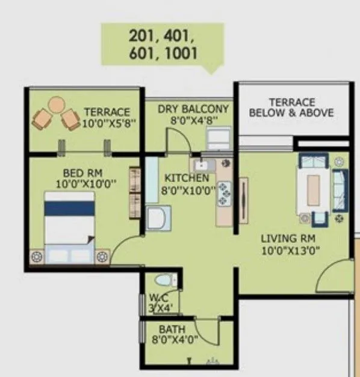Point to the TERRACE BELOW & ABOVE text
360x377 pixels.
(291, 108)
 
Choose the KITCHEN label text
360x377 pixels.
(187, 178)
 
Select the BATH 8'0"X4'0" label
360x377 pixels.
(172, 334)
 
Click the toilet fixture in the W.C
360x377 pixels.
(164, 281)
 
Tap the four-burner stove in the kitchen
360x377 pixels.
(225, 192)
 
